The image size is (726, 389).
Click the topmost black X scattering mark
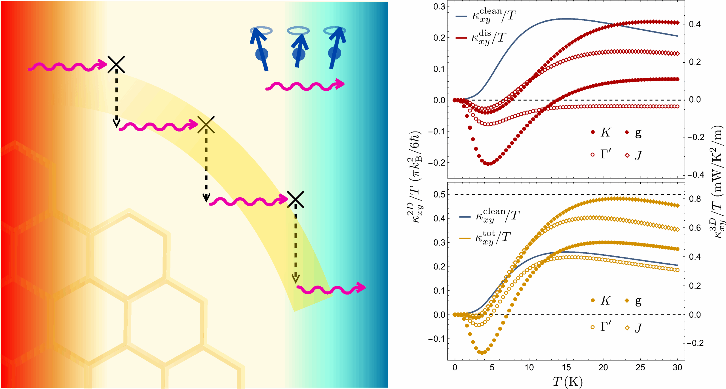pos(116,64)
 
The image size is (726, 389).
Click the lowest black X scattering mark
pos(295,199)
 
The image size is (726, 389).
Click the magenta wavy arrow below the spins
pos(305,85)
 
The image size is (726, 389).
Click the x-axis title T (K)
pos(567,382)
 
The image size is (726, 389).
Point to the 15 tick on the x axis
pos(566,368)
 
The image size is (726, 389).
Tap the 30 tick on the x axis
pos(678,368)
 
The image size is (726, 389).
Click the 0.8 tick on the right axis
pos(695,199)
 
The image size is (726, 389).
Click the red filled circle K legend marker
pos(593,132)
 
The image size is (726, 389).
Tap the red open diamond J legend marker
pos(627,155)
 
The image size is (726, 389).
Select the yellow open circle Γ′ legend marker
pos(593,327)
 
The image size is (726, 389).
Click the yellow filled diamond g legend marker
pos(627,301)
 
